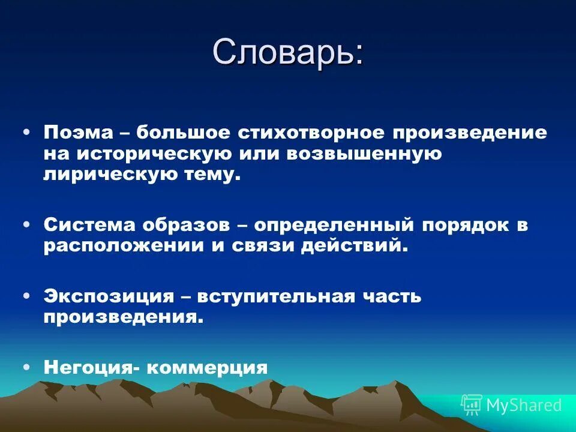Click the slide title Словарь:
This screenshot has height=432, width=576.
[287, 53]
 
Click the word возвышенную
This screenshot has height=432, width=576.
[364, 154]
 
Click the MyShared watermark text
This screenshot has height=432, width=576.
[524, 406]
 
